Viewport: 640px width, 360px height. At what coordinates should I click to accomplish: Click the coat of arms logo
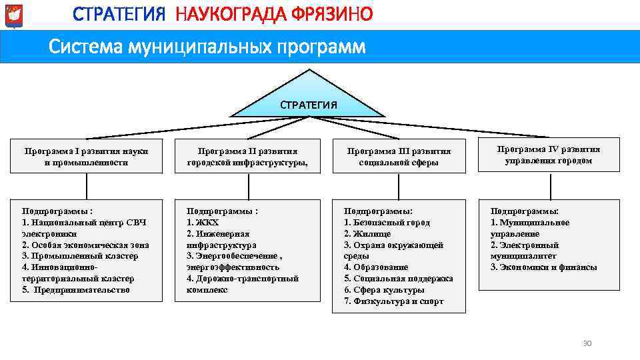click(x=13, y=15)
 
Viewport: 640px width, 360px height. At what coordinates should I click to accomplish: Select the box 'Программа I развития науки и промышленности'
click(x=86, y=156)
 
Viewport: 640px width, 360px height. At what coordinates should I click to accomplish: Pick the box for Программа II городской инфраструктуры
click(x=243, y=156)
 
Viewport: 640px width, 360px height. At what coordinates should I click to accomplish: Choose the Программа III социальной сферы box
click(x=399, y=156)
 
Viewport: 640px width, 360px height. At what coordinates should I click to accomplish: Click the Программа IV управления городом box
click(x=549, y=155)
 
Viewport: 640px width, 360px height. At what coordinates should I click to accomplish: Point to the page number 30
click(x=587, y=343)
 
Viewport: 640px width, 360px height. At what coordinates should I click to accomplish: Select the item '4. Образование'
click(x=376, y=267)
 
